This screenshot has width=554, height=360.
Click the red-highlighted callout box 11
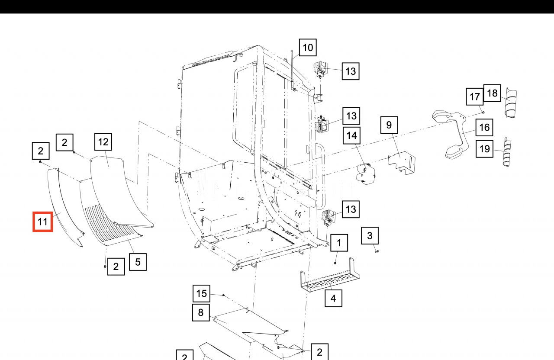43,222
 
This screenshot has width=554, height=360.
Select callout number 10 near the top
307,47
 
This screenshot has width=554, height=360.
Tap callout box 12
103,141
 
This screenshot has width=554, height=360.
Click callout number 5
138,262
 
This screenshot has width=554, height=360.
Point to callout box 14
351,136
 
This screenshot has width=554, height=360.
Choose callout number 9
389,125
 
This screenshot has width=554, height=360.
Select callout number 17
474,96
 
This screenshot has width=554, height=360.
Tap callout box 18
492,93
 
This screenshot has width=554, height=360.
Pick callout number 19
485,149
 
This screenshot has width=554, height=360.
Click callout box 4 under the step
333,298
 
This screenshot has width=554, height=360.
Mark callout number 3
370,236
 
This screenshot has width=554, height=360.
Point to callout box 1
339,243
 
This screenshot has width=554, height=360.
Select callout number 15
202,294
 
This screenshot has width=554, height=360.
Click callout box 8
201,312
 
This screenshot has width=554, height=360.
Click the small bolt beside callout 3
376,251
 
